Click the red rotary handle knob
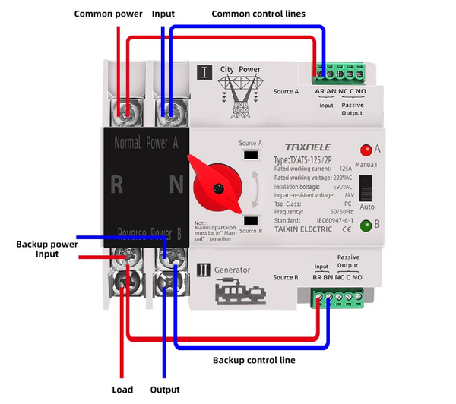pos(217,185)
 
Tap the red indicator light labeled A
pos(366,150)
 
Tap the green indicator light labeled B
pos(366,225)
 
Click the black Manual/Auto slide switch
pos(366,188)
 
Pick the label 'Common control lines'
pos(258,14)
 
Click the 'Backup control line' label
pos(254,360)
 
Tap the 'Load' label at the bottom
pos(122,390)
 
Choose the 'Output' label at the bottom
pos(165,390)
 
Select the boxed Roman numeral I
pos(204,73)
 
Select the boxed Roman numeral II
pos(204,269)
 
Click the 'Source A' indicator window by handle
pos(250,156)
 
